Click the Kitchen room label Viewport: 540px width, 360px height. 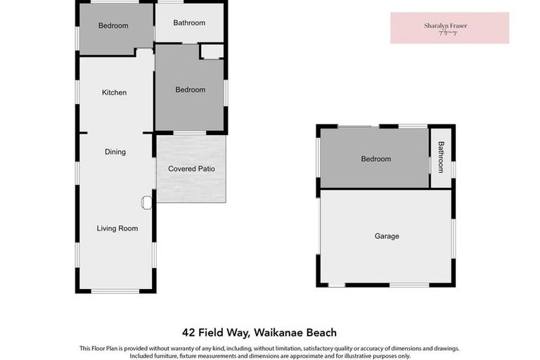(x=114, y=93)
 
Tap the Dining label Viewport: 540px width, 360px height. (x=115, y=152)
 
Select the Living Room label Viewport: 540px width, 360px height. (x=117, y=229)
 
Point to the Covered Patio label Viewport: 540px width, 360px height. (x=191, y=169)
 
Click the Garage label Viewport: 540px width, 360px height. (x=386, y=236)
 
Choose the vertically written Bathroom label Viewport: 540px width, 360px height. (x=442, y=157)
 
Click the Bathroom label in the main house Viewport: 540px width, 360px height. (x=189, y=23)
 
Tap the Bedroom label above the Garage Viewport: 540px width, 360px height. (x=375, y=159)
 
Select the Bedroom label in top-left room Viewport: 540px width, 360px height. (x=113, y=26)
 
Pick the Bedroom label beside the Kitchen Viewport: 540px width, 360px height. (x=190, y=90)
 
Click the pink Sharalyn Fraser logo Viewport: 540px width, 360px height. (x=449, y=27)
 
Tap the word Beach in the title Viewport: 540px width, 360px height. (x=321, y=333)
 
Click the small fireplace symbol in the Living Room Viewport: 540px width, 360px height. (x=146, y=202)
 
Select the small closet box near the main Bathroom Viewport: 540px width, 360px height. (x=212, y=51)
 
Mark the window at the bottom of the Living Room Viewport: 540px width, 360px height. (x=115, y=290)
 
